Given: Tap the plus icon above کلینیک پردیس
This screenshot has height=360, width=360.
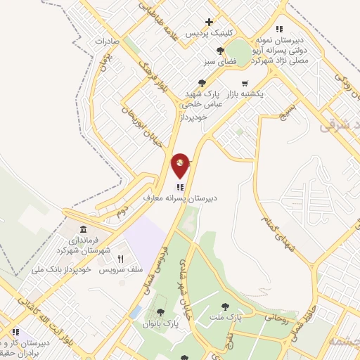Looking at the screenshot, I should point(208,22).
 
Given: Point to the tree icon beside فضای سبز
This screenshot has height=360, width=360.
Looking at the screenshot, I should point(221,50).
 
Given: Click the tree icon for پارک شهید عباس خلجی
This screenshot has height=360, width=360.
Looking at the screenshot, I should point(202,83).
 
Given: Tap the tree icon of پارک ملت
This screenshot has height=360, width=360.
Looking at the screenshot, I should point(225,307).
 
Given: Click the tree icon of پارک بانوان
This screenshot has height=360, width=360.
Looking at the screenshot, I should point(160,313).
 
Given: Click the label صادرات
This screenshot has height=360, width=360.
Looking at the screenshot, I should point(107,41).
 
